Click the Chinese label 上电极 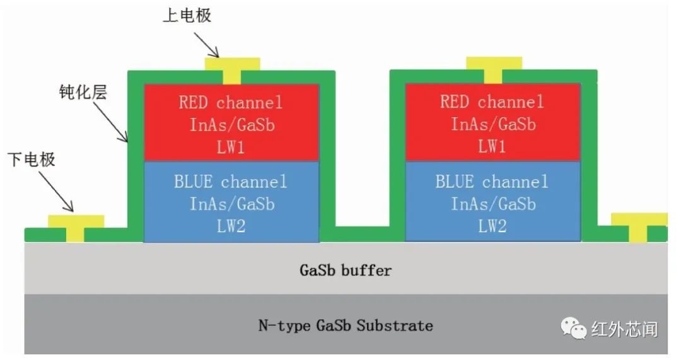[x=187, y=15]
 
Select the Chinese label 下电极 [x=32, y=159]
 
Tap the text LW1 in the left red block [x=231, y=147]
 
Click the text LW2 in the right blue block [x=492, y=226]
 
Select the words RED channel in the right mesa [x=492, y=102]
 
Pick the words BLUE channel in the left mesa [x=231, y=182]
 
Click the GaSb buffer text [x=345, y=270]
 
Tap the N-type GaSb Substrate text [x=346, y=325]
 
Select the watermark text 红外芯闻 [x=624, y=328]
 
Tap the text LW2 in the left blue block [x=231, y=226]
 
